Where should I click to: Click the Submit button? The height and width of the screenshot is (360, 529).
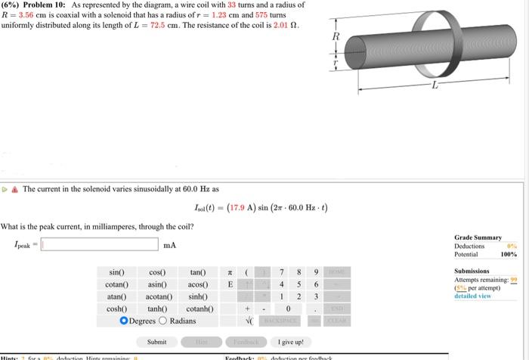(x=156, y=342)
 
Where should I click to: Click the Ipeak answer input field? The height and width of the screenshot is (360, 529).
(x=101, y=244)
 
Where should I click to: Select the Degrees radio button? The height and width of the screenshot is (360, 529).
(x=125, y=320)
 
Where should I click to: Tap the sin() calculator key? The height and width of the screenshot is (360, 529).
(x=116, y=272)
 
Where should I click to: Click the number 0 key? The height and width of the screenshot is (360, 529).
(x=287, y=308)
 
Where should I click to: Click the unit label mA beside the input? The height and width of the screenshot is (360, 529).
(x=169, y=244)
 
